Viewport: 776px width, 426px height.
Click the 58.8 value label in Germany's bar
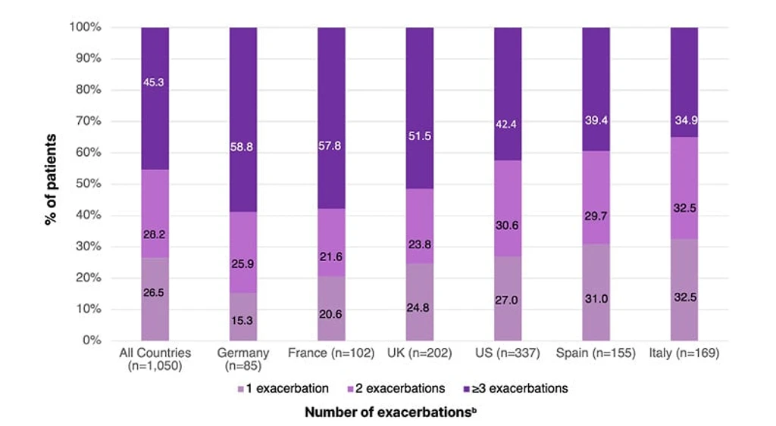point(242,147)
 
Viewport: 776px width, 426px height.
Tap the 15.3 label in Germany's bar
point(242,321)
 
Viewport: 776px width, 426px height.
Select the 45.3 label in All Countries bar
point(153,82)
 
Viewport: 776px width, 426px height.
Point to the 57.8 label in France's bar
point(330,146)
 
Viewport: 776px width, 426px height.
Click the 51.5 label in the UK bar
point(420,136)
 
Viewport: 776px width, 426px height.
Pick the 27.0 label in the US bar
point(507,300)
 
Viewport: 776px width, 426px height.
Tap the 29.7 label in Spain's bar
point(596,216)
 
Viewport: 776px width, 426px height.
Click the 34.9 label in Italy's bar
point(686,120)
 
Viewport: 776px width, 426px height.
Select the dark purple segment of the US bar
point(508,94)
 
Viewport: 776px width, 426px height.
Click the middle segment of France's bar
point(332,242)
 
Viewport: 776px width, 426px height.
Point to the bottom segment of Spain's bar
point(596,292)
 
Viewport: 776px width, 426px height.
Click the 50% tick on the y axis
point(89,184)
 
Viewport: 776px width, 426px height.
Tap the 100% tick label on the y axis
point(86,27)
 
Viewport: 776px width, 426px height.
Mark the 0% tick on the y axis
point(92,340)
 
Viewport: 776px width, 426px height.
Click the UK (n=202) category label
point(420,353)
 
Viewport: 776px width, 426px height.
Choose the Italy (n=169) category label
point(684,353)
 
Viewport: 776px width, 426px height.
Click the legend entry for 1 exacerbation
point(283,388)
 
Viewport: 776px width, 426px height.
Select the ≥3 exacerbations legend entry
point(515,388)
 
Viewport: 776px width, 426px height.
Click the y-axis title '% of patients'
point(51,180)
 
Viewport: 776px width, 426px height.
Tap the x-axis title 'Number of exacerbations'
point(391,412)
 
